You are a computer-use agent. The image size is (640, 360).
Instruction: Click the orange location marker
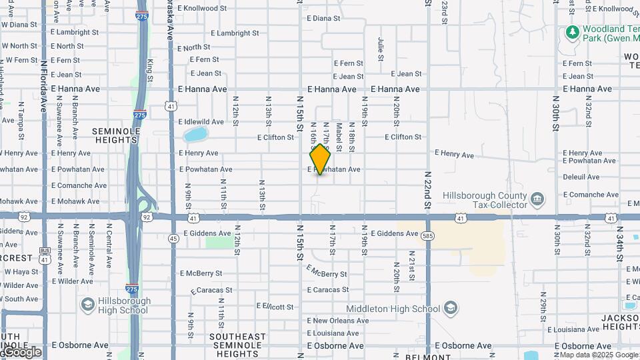321,159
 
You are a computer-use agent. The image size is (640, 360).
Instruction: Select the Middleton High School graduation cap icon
451,309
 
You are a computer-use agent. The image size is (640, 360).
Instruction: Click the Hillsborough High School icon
87,305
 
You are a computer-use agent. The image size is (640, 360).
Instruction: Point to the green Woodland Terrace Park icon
571,32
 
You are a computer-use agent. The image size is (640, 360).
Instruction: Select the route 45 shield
173,238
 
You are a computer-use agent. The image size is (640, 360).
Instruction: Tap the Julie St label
381,49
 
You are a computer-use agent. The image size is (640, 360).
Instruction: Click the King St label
151,71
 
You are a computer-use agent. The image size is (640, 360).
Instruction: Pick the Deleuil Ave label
581,177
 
